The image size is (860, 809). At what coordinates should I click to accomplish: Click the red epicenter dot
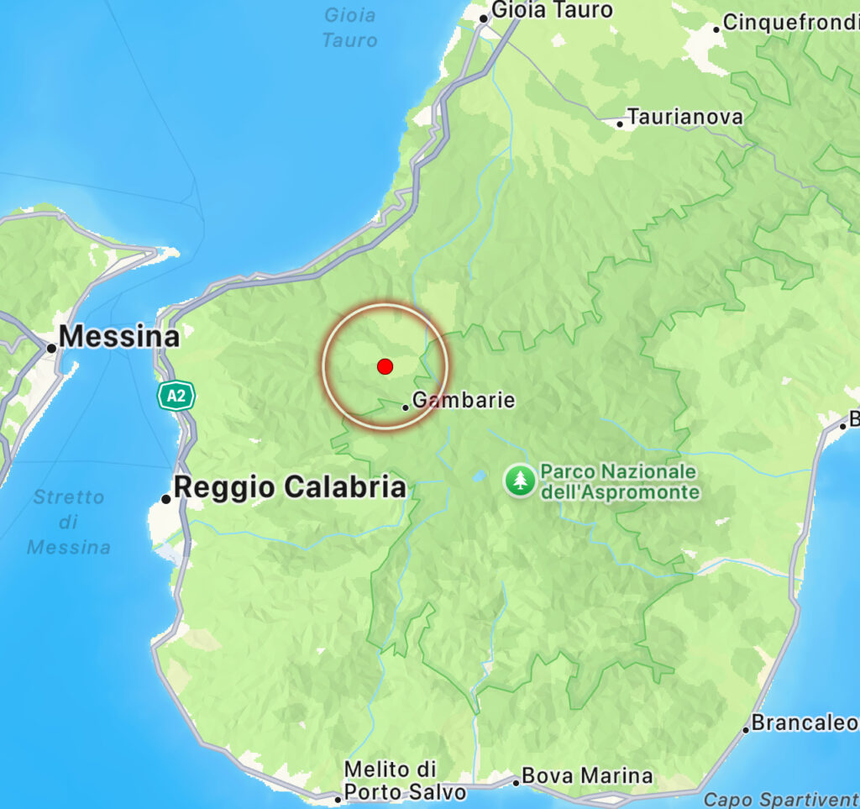[x=385, y=366]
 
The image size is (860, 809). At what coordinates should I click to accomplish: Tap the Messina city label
[x=119, y=338]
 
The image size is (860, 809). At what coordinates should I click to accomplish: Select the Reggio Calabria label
[x=290, y=487]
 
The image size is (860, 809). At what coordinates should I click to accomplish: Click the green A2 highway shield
[x=176, y=395]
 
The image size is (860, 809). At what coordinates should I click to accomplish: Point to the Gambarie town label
[x=464, y=401]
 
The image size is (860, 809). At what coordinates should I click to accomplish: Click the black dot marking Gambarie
[x=406, y=407]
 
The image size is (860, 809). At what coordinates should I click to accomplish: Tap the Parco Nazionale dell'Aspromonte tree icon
[x=520, y=481]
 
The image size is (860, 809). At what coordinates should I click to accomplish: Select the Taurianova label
[x=685, y=117]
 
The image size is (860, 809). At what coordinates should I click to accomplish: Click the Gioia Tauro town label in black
[x=552, y=11]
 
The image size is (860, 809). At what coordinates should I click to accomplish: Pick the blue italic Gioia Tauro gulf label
[x=349, y=27]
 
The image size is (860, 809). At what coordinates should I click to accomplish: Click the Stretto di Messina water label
[x=69, y=522]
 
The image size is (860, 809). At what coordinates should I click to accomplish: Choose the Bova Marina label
[x=587, y=776]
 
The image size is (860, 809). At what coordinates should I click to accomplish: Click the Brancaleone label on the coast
[x=805, y=722]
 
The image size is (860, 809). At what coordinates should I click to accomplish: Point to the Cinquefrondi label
[x=789, y=23]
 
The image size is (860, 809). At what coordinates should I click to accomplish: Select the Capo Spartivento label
[x=781, y=799]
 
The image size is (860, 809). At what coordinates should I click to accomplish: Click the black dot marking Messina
[x=51, y=348]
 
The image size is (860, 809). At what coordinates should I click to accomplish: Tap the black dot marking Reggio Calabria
[x=166, y=499]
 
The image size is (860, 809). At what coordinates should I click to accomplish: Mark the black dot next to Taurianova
[x=620, y=123]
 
